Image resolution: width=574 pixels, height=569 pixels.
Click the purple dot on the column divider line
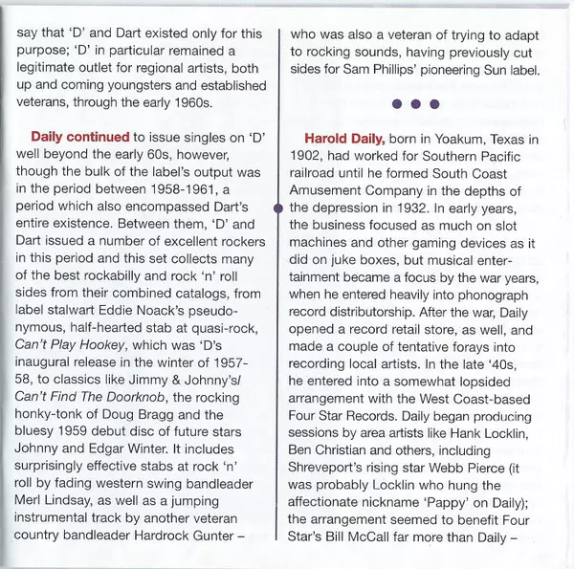[x=278, y=206]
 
